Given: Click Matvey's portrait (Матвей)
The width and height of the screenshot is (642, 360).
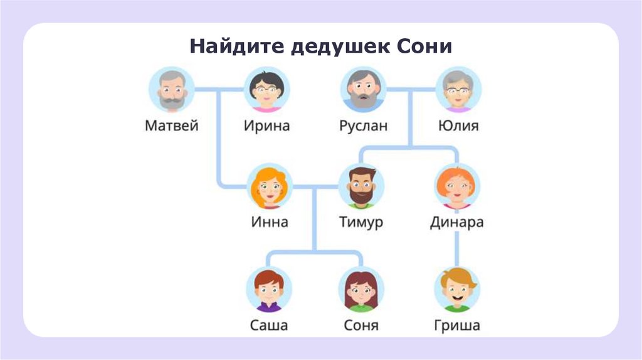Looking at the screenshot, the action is (x=172, y=90).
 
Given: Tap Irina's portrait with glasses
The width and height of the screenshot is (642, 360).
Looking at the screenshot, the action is (x=266, y=90).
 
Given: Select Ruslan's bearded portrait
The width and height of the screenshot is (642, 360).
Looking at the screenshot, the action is (x=363, y=90).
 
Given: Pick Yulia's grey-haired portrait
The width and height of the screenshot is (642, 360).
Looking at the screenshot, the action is (x=458, y=90).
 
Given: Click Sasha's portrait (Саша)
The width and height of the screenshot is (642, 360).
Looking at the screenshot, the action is (x=268, y=290).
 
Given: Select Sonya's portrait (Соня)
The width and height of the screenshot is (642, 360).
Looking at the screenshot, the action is (x=362, y=290).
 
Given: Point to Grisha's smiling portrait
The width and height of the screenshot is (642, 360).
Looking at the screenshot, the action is (x=456, y=290).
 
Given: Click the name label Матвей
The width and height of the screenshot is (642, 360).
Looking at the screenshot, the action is (x=172, y=125).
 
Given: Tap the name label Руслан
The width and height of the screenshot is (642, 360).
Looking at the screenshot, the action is (x=363, y=125).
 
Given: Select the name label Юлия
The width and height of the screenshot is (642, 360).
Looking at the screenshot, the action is (x=458, y=125).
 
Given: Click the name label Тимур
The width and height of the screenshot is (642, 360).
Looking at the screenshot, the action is (x=361, y=223).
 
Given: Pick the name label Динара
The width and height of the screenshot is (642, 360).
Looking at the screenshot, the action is (x=456, y=223).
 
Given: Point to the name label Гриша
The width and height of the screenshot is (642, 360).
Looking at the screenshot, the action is (x=456, y=326).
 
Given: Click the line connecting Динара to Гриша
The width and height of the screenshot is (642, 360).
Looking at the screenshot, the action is (x=456, y=248).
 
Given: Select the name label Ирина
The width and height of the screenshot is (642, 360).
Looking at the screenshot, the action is (x=266, y=125).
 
